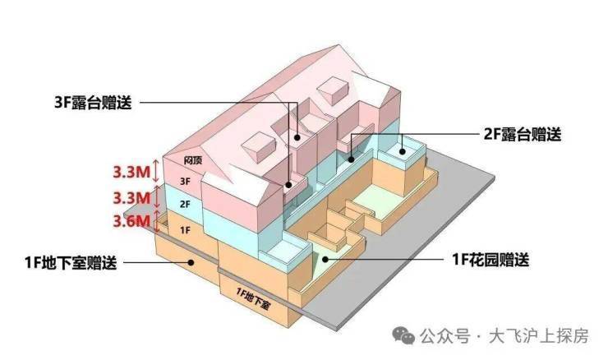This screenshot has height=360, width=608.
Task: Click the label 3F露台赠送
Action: (94, 103)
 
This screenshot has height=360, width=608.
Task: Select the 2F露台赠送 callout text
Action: (523, 135)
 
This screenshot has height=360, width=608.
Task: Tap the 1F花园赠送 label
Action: (491, 260)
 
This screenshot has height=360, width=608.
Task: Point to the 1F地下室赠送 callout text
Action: (71, 263)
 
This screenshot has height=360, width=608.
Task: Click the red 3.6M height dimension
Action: (131, 222)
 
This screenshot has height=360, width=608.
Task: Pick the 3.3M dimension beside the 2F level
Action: (131, 198)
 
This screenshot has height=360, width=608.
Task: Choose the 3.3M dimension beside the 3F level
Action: (131, 172)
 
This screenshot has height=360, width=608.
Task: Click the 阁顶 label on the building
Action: (193, 159)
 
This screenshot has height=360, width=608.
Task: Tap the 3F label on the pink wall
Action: (186, 181)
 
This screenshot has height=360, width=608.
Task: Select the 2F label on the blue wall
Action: (186, 204)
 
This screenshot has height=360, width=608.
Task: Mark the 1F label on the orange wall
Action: (186, 230)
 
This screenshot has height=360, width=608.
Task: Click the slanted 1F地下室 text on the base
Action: (253, 298)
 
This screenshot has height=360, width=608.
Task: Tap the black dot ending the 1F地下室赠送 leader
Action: (191, 263)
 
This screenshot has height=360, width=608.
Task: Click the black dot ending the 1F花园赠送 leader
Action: (325, 259)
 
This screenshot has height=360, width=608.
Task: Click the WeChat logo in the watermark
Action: (403, 335)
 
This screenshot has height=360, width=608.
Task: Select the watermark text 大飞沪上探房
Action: (539, 336)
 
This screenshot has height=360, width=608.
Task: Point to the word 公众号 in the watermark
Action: (444, 336)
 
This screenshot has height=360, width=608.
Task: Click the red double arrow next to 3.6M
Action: (157, 222)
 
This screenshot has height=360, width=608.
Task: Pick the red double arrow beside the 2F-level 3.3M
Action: (157, 196)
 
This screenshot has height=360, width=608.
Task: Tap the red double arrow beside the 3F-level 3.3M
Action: (156, 171)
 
